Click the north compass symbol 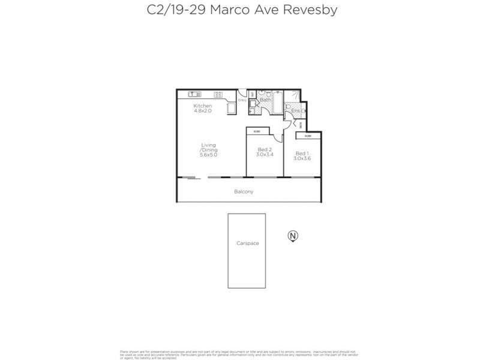coord(293,236)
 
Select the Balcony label coord(244,192)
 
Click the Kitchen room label coord(202,106)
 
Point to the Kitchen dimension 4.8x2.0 coord(202,112)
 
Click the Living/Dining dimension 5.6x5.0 coord(208,155)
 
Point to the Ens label coord(295,111)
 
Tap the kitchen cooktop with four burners coord(218,94)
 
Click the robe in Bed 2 coord(256,131)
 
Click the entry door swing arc coord(244,96)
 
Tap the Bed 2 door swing coord(278,139)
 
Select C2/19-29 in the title coord(173,10)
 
